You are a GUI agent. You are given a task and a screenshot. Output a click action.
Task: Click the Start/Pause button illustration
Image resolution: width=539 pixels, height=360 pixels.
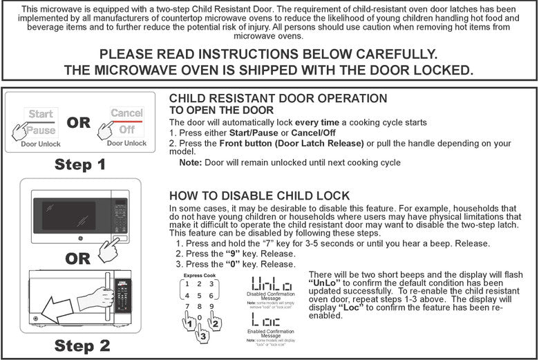(41, 121)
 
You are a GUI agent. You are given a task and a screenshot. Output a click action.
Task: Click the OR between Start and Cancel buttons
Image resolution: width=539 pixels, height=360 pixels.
(78, 122)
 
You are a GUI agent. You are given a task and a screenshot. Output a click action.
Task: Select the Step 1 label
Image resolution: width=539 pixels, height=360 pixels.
(81, 164)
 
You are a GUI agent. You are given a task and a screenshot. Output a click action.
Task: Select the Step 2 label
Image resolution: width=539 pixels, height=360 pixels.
(82, 345)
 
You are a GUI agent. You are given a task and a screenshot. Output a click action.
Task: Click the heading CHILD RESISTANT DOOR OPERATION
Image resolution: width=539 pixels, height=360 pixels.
(278, 99)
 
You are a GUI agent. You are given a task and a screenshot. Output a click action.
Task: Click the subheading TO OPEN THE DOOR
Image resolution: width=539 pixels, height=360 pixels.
(221, 111)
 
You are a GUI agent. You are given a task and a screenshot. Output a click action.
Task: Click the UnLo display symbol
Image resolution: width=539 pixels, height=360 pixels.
(271, 283)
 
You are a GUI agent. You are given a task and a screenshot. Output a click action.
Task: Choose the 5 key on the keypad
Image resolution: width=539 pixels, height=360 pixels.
(200, 294)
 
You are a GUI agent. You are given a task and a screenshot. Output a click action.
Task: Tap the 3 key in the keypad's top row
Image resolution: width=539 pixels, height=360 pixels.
(211, 283)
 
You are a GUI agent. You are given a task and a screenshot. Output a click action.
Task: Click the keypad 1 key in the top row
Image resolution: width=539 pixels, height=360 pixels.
(187, 283)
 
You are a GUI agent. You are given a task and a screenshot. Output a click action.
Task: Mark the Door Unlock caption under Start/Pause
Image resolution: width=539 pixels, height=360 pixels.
(41, 144)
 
